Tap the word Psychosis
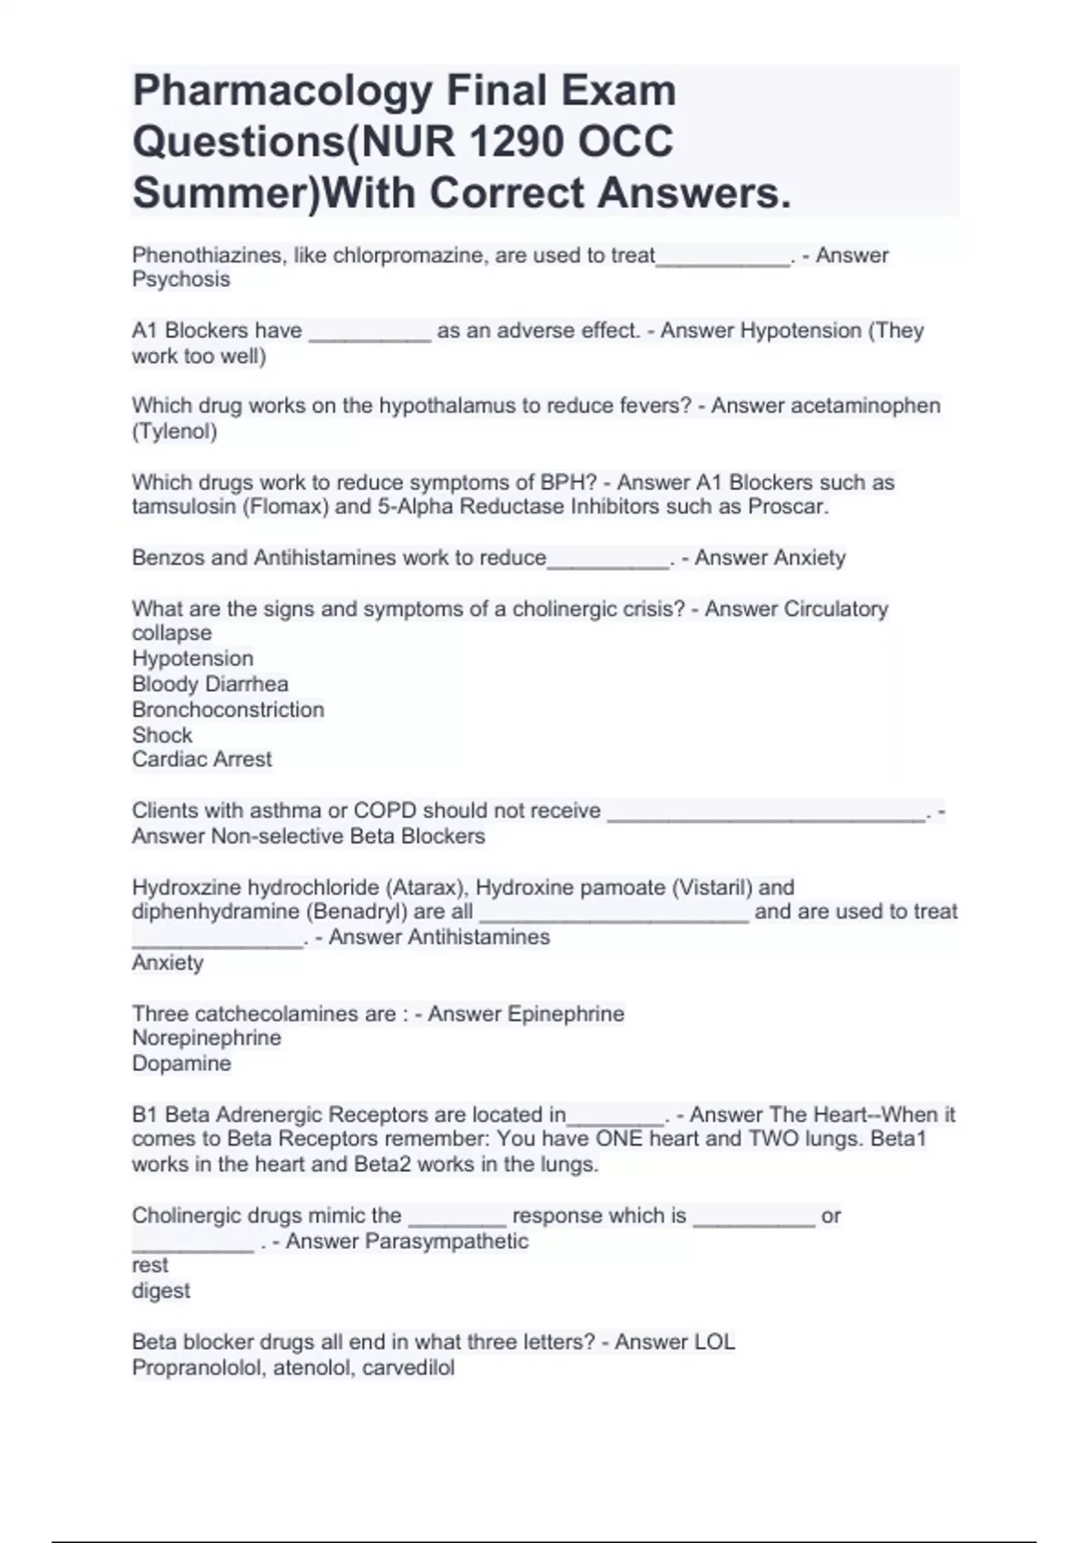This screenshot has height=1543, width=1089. (181, 280)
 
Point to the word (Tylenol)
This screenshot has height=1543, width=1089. (174, 431)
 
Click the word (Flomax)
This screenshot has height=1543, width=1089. (285, 506)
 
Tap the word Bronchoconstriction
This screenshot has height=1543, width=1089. (228, 709)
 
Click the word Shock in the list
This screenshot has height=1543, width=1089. (162, 734)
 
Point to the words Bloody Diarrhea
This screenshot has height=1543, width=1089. (210, 683)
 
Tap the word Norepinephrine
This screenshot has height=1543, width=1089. (206, 1037)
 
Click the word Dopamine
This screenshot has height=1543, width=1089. (181, 1063)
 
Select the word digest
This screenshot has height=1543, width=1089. (161, 1291)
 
